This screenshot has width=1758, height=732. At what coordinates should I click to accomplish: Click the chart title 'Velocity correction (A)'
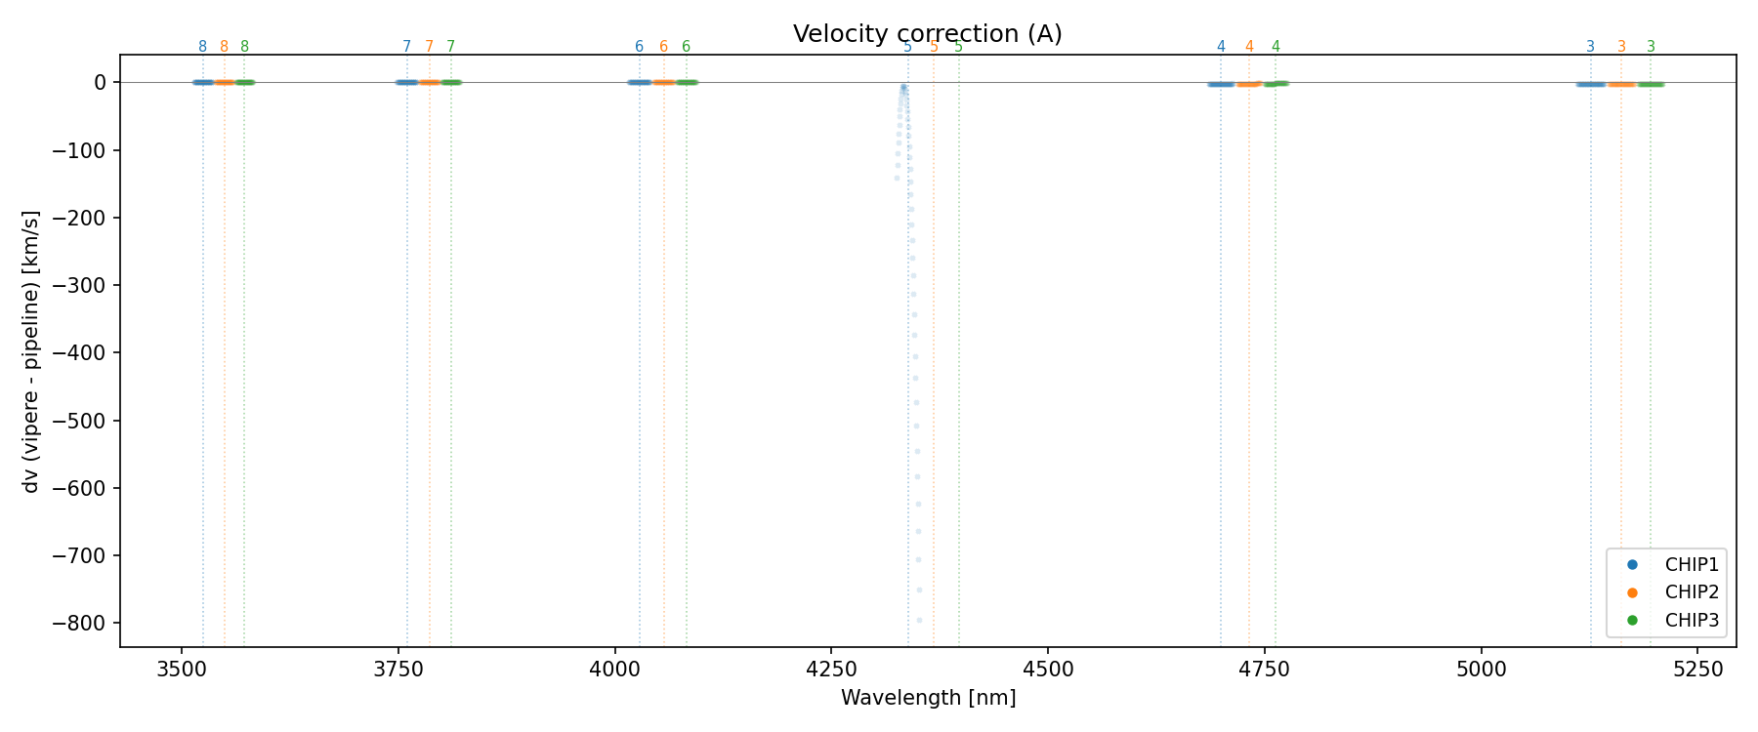927,34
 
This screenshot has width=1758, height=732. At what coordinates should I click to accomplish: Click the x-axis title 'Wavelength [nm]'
928,698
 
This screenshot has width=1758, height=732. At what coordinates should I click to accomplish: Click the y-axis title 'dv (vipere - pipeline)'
31,350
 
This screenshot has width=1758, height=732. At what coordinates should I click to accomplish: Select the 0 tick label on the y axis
100,82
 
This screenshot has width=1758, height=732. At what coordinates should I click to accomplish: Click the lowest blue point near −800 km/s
919,620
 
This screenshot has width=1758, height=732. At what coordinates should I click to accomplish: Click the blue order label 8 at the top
202,47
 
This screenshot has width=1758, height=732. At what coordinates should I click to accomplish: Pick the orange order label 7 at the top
429,47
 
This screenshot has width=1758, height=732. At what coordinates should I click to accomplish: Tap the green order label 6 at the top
686,47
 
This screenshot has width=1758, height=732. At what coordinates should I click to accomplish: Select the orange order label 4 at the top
1249,47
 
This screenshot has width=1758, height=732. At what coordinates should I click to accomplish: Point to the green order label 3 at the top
1651,47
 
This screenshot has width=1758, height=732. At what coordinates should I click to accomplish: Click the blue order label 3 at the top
1590,47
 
